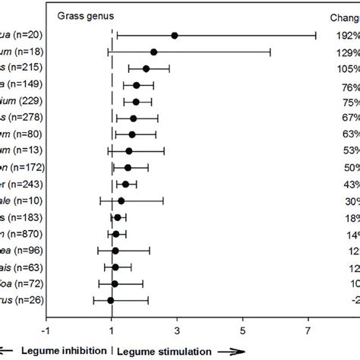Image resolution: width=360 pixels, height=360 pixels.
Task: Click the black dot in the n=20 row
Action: pos(175,35)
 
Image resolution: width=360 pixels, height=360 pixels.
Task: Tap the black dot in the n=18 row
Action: pos(154,52)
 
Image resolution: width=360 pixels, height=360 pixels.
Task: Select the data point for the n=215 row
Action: pos(146,68)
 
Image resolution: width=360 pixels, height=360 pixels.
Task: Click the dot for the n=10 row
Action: pos(121,201)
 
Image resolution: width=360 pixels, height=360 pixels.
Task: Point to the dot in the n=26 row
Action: pos(111,279)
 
